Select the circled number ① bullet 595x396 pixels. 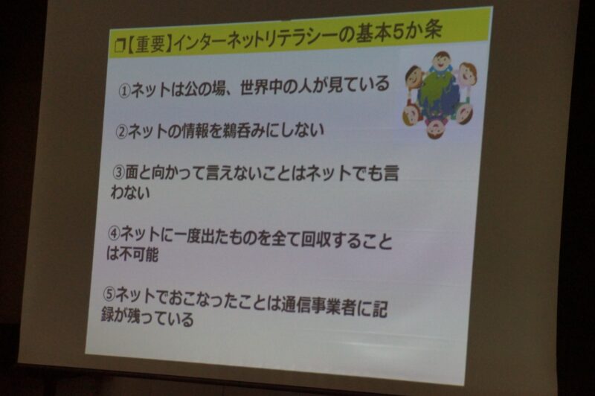click(x=124, y=92)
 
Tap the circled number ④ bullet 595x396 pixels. click(x=115, y=234)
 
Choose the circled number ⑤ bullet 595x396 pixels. click(x=109, y=294)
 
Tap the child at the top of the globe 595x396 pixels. click(x=440, y=62)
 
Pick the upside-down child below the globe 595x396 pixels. click(x=437, y=127)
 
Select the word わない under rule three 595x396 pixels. click(x=130, y=192)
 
